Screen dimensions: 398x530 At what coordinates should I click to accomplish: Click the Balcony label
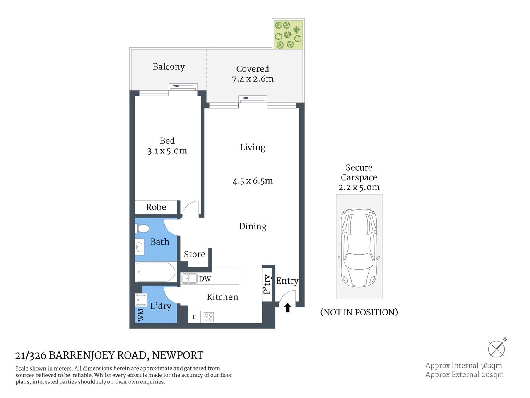[169, 67]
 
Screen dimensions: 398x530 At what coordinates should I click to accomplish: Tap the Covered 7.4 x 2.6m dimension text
[253, 74]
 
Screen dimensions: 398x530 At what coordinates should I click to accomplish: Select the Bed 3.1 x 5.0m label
[167, 146]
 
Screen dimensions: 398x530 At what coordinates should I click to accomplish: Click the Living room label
[253, 147]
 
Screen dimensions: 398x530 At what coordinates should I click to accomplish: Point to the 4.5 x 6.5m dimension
[253, 181]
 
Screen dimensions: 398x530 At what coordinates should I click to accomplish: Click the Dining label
[253, 226]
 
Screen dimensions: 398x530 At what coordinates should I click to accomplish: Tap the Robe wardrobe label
[156, 207]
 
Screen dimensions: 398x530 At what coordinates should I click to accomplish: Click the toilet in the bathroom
[142, 228]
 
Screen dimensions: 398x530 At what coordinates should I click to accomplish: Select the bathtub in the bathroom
[156, 272]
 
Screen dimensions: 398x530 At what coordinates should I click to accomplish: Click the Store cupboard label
[194, 255]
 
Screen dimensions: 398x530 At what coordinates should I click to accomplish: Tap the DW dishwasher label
[205, 279]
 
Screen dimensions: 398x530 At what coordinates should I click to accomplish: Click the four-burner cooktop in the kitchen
[209, 317]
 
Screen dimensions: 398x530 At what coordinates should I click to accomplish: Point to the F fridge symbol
[194, 317]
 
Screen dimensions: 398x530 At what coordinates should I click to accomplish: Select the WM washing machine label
[140, 315]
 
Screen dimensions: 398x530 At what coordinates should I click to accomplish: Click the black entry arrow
[288, 308]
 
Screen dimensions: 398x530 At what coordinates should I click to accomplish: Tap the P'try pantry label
[267, 284]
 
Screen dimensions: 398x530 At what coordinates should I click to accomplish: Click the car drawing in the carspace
[359, 248]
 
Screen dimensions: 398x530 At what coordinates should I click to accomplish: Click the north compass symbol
[496, 348]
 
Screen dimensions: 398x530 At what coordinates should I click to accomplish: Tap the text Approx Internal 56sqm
[463, 366]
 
